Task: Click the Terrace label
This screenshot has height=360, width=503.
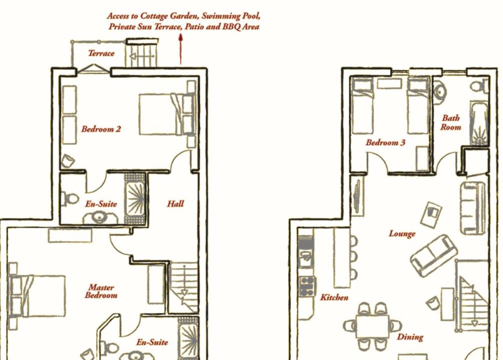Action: (101, 53)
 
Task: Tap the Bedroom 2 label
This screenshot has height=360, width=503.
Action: (101, 129)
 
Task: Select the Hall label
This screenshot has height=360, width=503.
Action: (175, 203)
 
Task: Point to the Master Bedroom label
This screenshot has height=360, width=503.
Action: (101, 291)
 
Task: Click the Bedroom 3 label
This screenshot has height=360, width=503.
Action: (385, 142)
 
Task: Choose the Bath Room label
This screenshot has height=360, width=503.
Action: (450, 122)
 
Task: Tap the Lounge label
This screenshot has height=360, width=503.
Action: (402, 233)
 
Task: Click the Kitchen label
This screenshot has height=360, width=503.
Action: (334, 297)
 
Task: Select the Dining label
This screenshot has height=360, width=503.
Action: (410, 337)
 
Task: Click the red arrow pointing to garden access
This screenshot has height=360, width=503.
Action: (180, 49)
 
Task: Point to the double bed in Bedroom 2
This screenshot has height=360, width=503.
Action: (167, 114)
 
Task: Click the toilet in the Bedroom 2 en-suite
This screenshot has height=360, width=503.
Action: (70, 199)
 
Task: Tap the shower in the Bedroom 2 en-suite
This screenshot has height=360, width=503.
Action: (135, 199)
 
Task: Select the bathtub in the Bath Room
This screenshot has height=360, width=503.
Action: (479, 123)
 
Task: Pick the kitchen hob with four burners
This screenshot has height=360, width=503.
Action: (307, 286)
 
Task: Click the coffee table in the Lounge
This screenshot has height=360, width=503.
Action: (431, 214)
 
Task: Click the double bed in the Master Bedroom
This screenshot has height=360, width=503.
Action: (37, 296)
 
